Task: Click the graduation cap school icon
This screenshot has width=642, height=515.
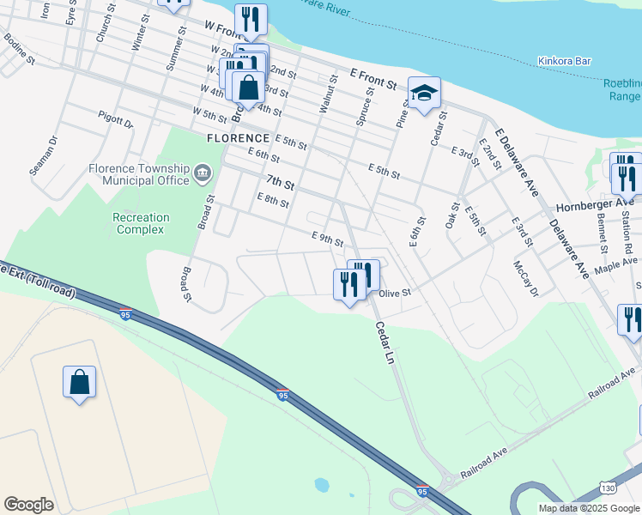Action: point(424,93)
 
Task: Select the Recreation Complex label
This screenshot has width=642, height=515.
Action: point(142,223)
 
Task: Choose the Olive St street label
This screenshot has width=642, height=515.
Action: point(396,293)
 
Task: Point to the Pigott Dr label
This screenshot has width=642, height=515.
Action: point(116,120)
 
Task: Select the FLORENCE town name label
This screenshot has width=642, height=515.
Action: point(238,138)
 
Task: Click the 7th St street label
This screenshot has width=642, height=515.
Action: point(280,182)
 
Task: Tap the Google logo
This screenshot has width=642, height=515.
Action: point(28,505)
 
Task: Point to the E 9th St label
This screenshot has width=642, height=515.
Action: point(328,238)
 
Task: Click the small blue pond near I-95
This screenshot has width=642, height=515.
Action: point(322,485)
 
